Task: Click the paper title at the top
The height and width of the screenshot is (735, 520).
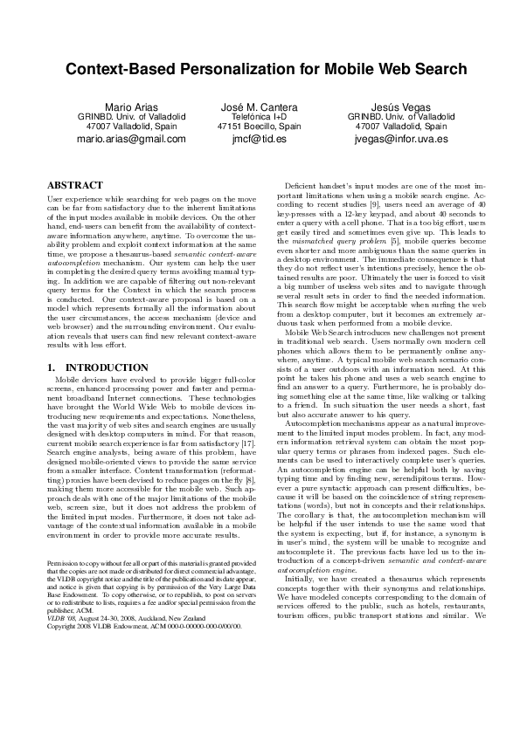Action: point(260,69)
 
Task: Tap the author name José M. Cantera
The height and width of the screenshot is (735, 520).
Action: point(260,106)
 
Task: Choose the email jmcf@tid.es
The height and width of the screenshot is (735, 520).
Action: point(260,138)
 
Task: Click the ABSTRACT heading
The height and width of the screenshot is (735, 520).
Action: point(73,186)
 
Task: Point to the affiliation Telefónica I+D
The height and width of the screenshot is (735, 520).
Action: point(260,116)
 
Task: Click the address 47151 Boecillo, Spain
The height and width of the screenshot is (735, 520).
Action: point(260,127)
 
